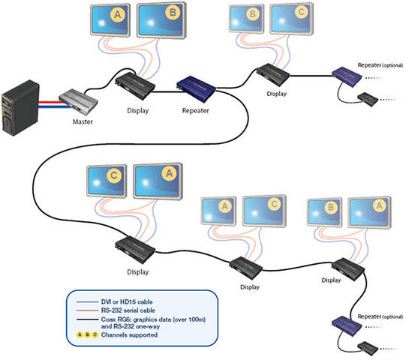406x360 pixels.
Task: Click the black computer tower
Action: click(20, 108)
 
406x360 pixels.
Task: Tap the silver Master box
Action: click(78, 102)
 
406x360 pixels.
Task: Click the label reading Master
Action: click(83, 121)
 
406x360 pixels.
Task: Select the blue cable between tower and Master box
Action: click(54, 106)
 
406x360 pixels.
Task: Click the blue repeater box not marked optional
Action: click(196, 88)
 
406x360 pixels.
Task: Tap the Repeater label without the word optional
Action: click(195, 111)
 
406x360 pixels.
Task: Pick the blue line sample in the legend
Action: click(87, 302)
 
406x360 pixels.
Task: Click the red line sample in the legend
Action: click(87, 310)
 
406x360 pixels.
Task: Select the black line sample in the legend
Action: click(87, 320)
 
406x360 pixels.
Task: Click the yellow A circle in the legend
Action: click(80, 335)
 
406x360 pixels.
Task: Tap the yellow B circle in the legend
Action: click(88, 335)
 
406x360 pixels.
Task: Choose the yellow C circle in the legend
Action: click(95, 335)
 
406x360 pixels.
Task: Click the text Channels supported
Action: click(129, 335)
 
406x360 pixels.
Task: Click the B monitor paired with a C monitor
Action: click(246, 19)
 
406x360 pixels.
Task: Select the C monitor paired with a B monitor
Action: click(291, 19)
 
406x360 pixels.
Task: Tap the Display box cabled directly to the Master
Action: click(135, 86)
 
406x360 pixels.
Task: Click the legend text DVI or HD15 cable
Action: click(127, 301)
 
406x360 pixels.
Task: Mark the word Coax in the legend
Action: click(108, 319)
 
